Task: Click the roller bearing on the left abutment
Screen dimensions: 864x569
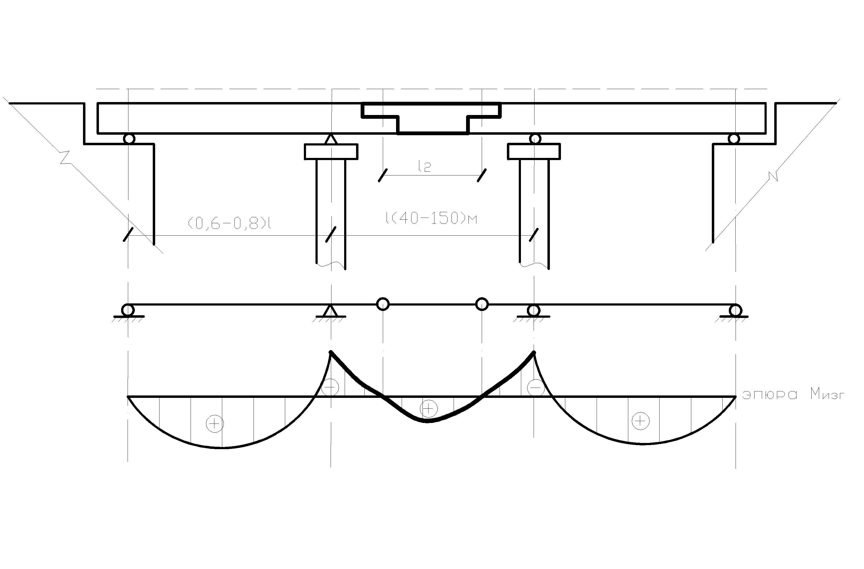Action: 129,139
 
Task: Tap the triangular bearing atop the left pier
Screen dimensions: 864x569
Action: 330,139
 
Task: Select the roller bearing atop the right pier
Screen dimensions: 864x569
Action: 535,139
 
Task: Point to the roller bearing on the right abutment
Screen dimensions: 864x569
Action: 734,139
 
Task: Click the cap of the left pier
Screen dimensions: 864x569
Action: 331,152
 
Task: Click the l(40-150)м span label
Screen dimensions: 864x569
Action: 431,218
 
